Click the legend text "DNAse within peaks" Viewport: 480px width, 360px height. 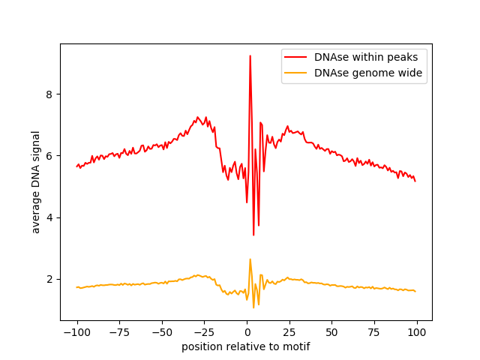click(371, 57)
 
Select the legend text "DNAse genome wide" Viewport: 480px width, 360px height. click(368, 73)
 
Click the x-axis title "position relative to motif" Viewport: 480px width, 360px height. click(246, 346)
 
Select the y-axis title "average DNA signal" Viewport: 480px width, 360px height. click(36, 182)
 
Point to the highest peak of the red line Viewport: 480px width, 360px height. click(250, 56)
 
